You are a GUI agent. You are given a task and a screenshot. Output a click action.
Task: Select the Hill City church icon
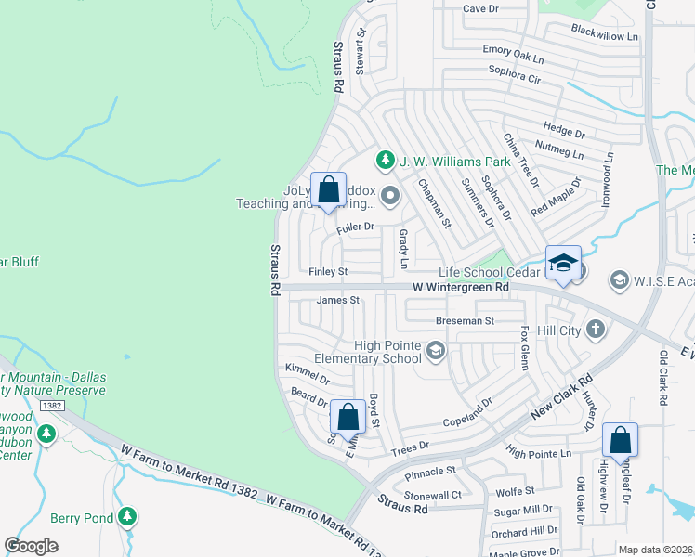click(596, 330)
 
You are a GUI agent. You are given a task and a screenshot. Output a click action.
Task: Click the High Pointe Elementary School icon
click(436, 350)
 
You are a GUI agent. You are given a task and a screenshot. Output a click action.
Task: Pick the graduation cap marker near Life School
click(562, 264)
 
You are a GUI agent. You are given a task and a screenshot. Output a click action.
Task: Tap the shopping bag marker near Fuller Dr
click(328, 190)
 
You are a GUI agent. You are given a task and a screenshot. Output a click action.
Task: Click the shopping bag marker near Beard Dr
click(348, 418)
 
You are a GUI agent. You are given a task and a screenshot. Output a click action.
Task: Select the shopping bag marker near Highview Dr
click(620, 441)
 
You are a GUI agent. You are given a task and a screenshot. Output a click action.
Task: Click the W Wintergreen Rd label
click(462, 289)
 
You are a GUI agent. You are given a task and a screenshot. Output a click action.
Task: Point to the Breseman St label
click(464, 320)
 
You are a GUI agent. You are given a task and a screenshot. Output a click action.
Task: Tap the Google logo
click(31, 546)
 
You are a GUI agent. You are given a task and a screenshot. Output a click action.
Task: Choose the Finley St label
click(328, 272)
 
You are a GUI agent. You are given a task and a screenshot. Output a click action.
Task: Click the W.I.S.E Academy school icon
click(619, 279)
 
